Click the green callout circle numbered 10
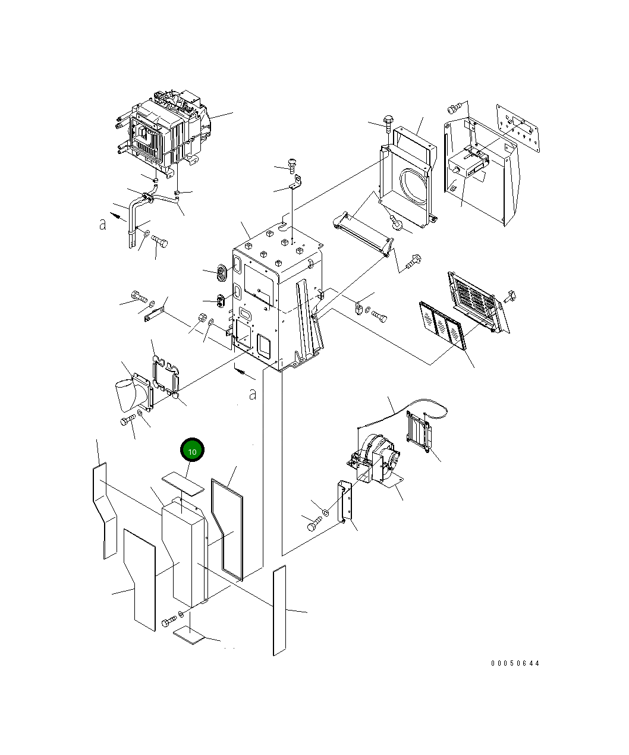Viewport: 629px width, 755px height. click(192, 451)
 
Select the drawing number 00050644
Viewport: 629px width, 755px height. click(515, 663)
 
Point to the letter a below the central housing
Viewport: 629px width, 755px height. click(253, 394)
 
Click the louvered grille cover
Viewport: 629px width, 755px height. click(478, 301)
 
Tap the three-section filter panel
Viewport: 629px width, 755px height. click(443, 324)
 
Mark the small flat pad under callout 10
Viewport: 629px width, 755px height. click(183, 482)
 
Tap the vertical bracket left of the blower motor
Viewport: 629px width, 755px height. click(345, 502)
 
